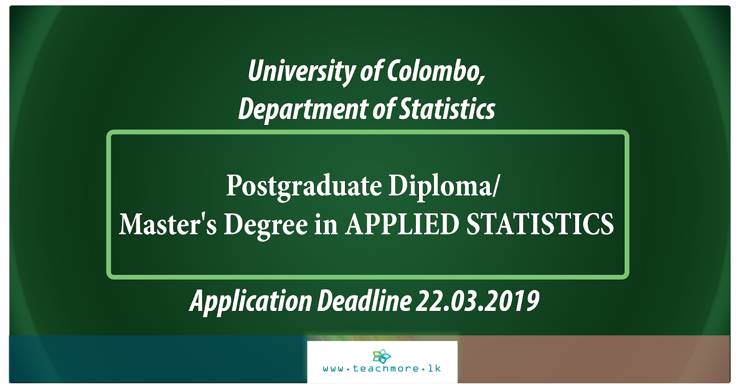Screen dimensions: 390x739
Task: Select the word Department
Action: [303, 109]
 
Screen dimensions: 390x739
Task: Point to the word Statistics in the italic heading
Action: [447, 109]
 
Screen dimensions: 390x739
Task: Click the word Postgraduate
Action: [304, 186]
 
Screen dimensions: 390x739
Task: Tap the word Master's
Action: [168, 224]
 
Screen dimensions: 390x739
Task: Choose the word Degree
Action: [266, 225]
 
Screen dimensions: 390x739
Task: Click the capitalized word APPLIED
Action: [402, 224]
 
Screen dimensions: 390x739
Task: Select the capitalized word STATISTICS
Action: [540, 224]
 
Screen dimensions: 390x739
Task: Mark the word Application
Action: [251, 301]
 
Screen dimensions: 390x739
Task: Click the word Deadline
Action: [364, 301]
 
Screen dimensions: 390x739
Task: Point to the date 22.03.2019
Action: [478, 301]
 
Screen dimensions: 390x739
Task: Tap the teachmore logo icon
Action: [382, 356]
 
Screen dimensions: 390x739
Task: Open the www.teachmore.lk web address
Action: [382, 369]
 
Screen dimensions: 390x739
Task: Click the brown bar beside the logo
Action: [594, 359]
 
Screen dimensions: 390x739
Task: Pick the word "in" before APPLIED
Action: [326, 224]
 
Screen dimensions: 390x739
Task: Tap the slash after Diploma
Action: [497, 186]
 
